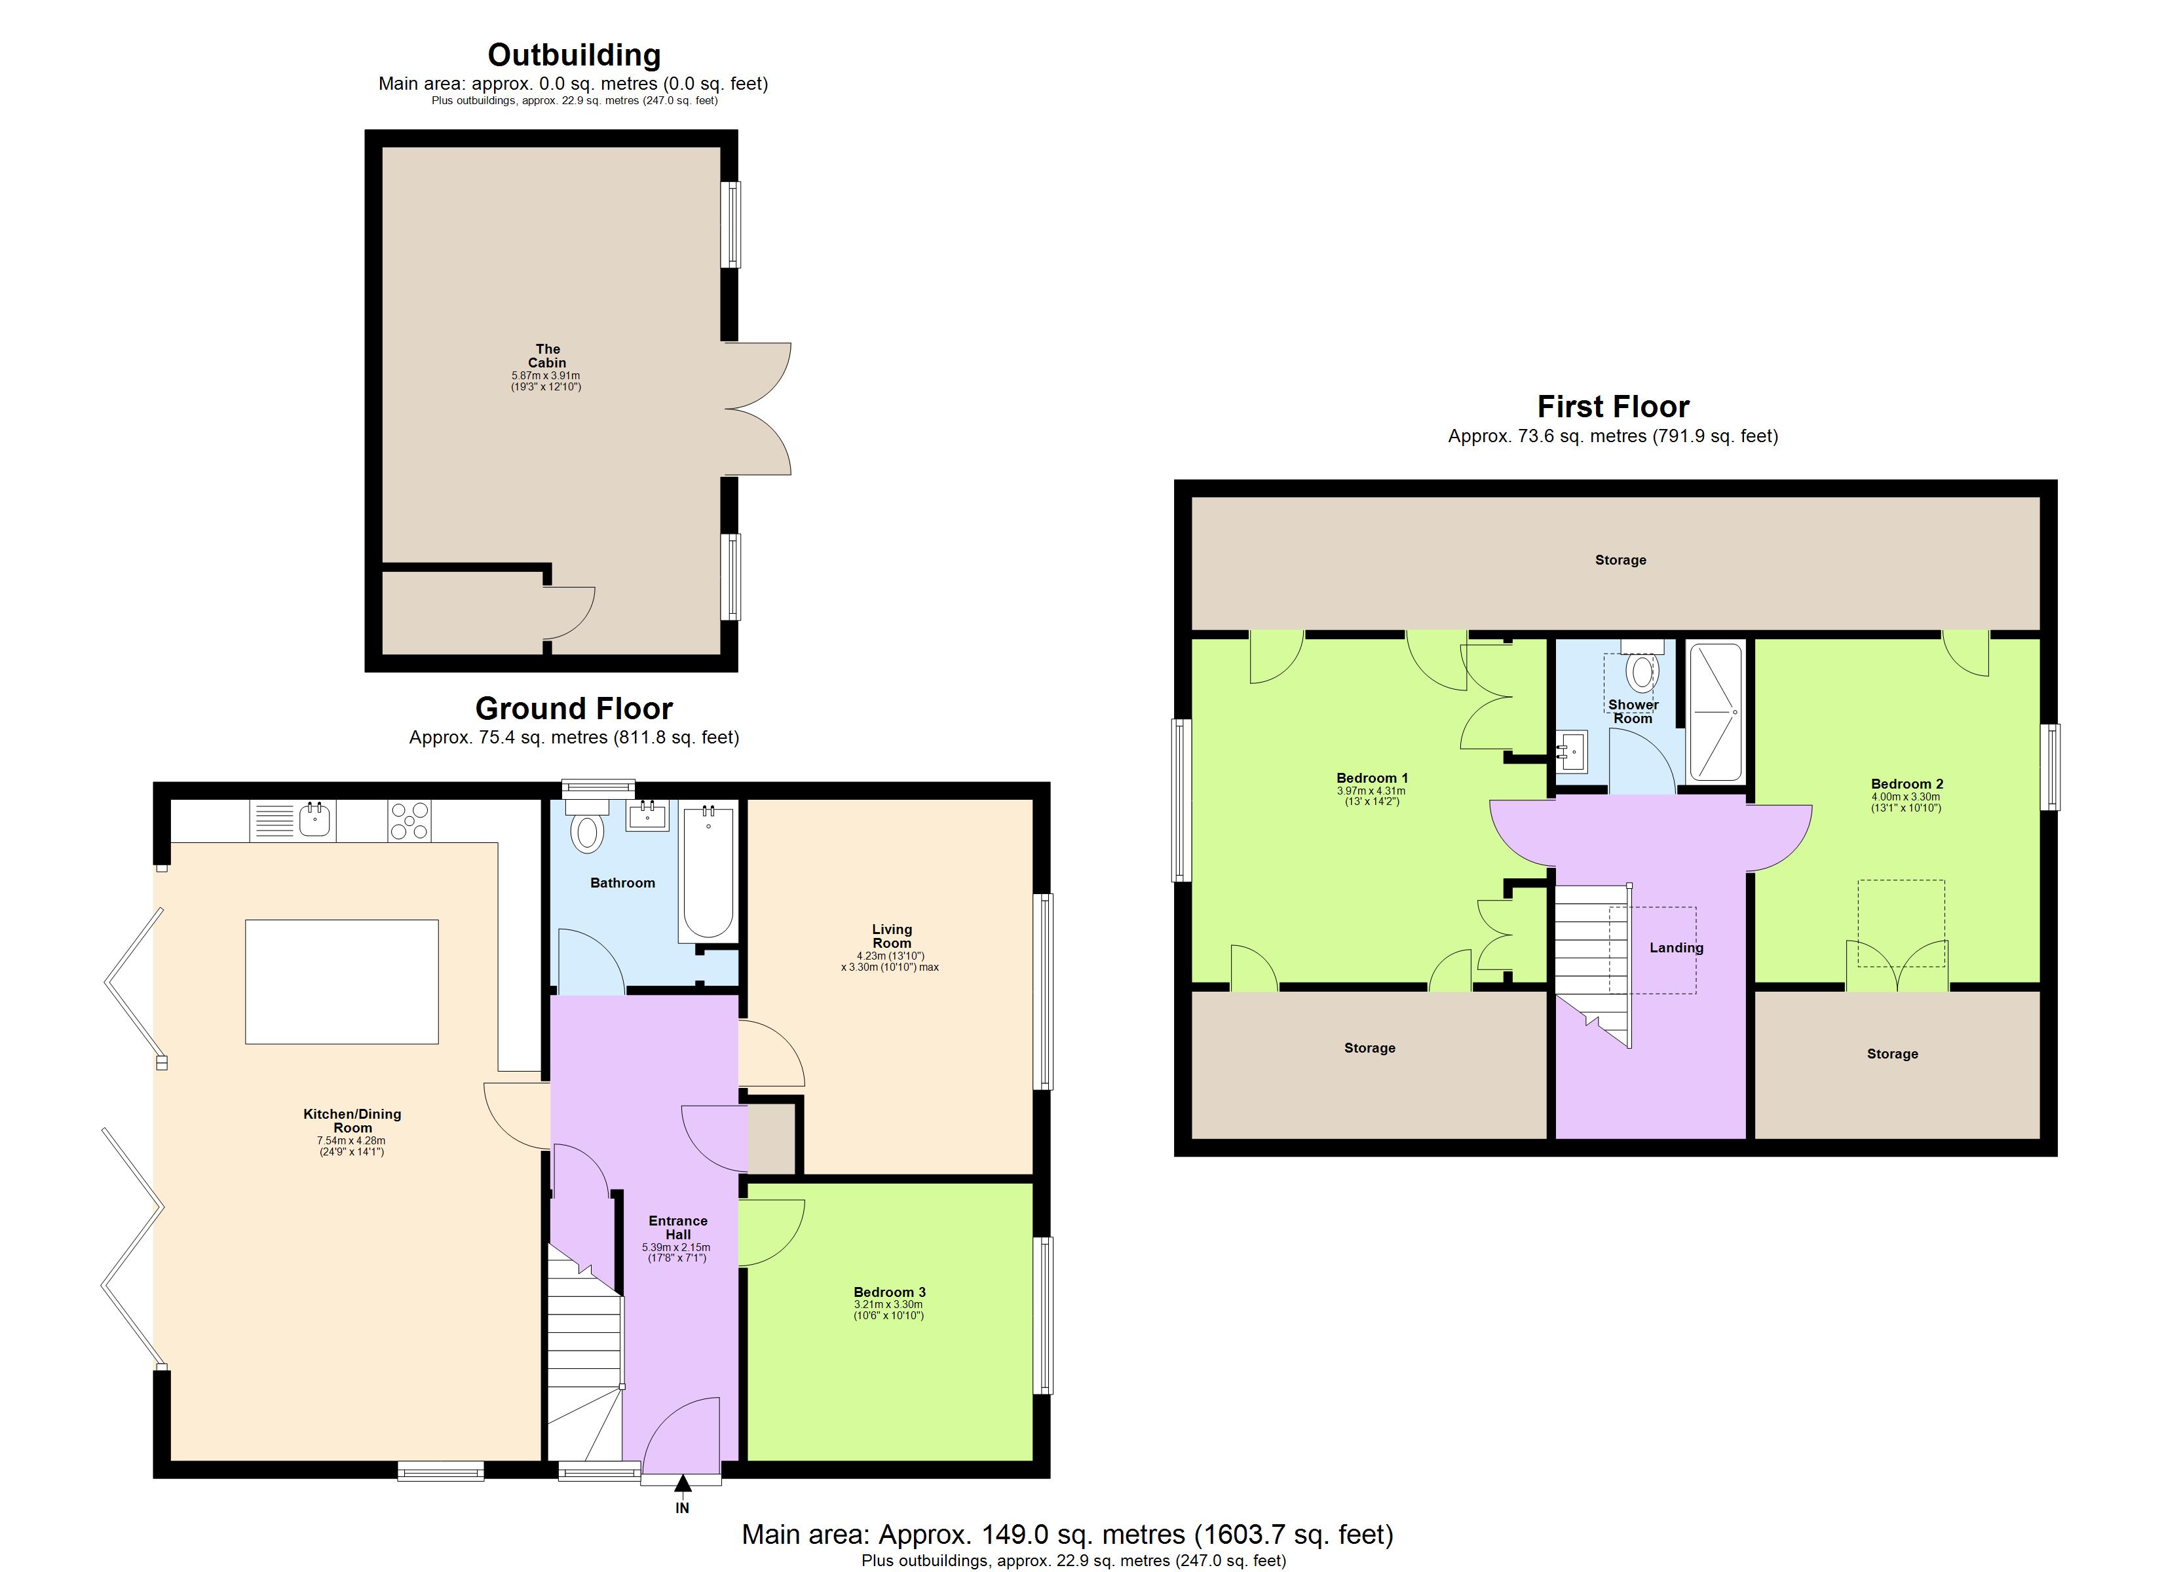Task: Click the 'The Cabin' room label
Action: point(547,356)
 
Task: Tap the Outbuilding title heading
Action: point(574,55)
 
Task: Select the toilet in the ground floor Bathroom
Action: point(587,831)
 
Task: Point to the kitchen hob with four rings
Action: point(409,820)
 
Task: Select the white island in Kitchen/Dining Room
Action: point(341,981)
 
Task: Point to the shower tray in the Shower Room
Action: point(1715,711)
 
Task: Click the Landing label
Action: point(1676,948)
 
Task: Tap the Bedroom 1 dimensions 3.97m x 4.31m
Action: point(1371,791)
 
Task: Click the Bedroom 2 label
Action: point(1906,783)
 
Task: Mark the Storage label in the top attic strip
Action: point(1621,559)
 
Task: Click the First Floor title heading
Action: point(1613,407)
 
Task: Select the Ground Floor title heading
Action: point(574,708)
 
